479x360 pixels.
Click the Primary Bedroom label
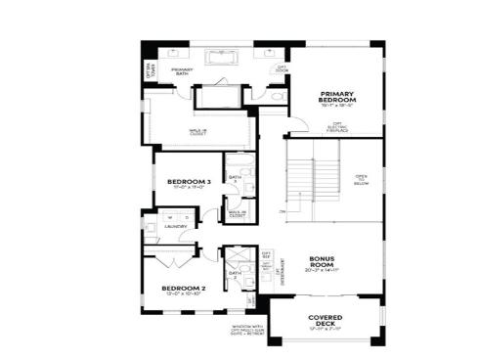click(336, 98)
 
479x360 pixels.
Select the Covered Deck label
click(324, 321)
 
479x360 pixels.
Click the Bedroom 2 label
click(183, 288)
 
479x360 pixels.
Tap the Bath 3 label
click(235, 178)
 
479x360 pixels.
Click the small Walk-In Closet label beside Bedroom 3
click(237, 212)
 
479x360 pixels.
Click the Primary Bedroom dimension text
click(336, 108)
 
